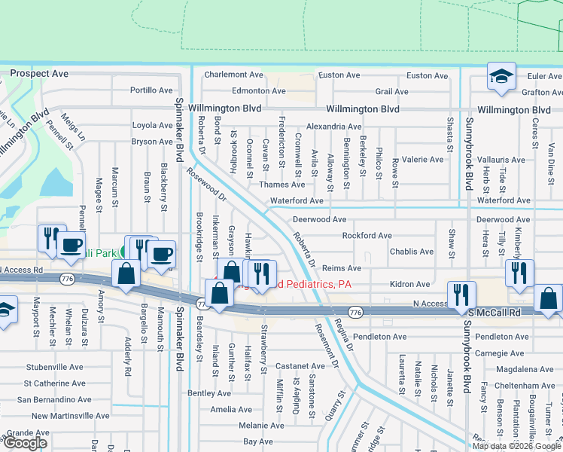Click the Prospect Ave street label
(x=38, y=74)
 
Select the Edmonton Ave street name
(x=258, y=90)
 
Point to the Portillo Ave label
(x=151, y=90)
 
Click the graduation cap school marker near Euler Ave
(x=501, y=78)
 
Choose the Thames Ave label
(x=281, y=185)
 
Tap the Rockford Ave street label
(x=367, y=236)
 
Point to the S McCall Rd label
(x=494, y=312)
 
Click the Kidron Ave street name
(x=409, y=285)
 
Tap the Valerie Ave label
(x=422, y=160)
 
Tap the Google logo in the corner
(x=26, y=443)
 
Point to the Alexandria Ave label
(x=333, y=127)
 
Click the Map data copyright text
(x=516, y=446)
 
